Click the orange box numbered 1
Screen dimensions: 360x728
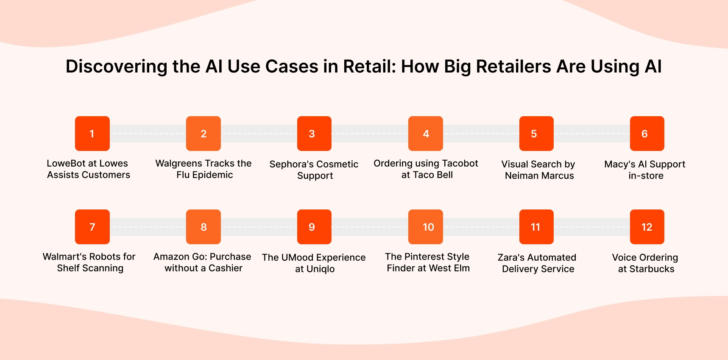tap(92, 134)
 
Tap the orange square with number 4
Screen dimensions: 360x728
tap(425, 134)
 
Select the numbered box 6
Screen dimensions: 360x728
tap(647, 134)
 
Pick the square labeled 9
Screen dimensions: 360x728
tap(314, 227)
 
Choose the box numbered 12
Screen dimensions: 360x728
tap(647, 227)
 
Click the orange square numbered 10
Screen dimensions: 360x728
tap(425, 227)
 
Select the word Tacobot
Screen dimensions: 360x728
tap(460, 163)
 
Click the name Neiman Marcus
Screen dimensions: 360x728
tap(539, 176)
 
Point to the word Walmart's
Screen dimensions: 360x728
tap(64, 257)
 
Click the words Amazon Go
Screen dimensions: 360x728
tap(180, 257)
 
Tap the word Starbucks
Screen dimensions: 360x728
tap(652, 269)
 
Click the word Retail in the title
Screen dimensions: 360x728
tap(368, 67)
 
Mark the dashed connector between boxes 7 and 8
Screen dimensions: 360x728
tap(148, 227)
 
